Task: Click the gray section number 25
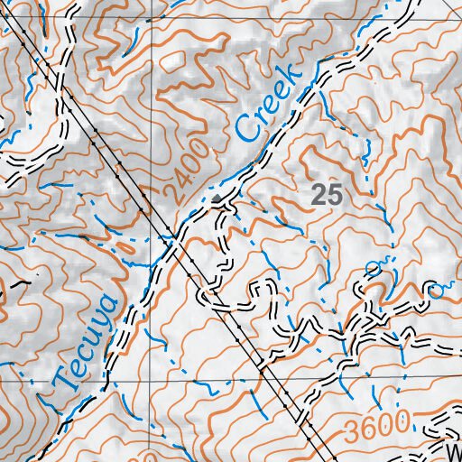[328, 192]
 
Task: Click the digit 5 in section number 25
[336, 192]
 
